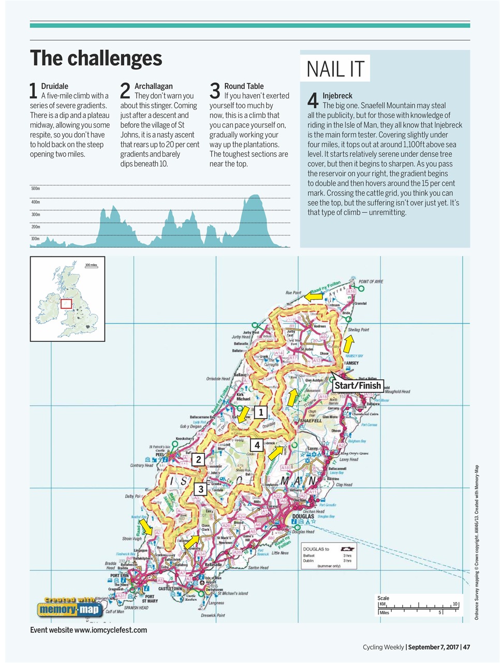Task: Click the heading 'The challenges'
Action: tap(96, 59)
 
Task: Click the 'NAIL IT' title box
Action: tap(335, 68)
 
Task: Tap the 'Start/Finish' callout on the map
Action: tap(358, 385)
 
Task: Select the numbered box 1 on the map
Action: tap(260, 412)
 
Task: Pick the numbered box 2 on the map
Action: tap(198, 459)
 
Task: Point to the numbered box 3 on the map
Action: tap(201, 488)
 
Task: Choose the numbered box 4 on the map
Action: tap(257, 444)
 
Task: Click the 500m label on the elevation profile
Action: tap(35, 189)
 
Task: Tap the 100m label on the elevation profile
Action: tap(35, 239)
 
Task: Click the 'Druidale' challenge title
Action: tap(54, 86)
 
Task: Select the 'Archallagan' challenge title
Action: tap(153, 86)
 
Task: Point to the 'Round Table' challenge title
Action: tap(244, 86)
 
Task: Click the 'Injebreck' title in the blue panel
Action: tap(337, 96)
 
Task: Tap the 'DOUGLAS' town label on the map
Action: tap(303, 516)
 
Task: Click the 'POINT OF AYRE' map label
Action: tap(371, 282)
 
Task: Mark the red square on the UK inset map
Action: tap(66, 304)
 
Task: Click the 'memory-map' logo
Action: tap(69, 609)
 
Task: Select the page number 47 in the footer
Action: tap(466, 647)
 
